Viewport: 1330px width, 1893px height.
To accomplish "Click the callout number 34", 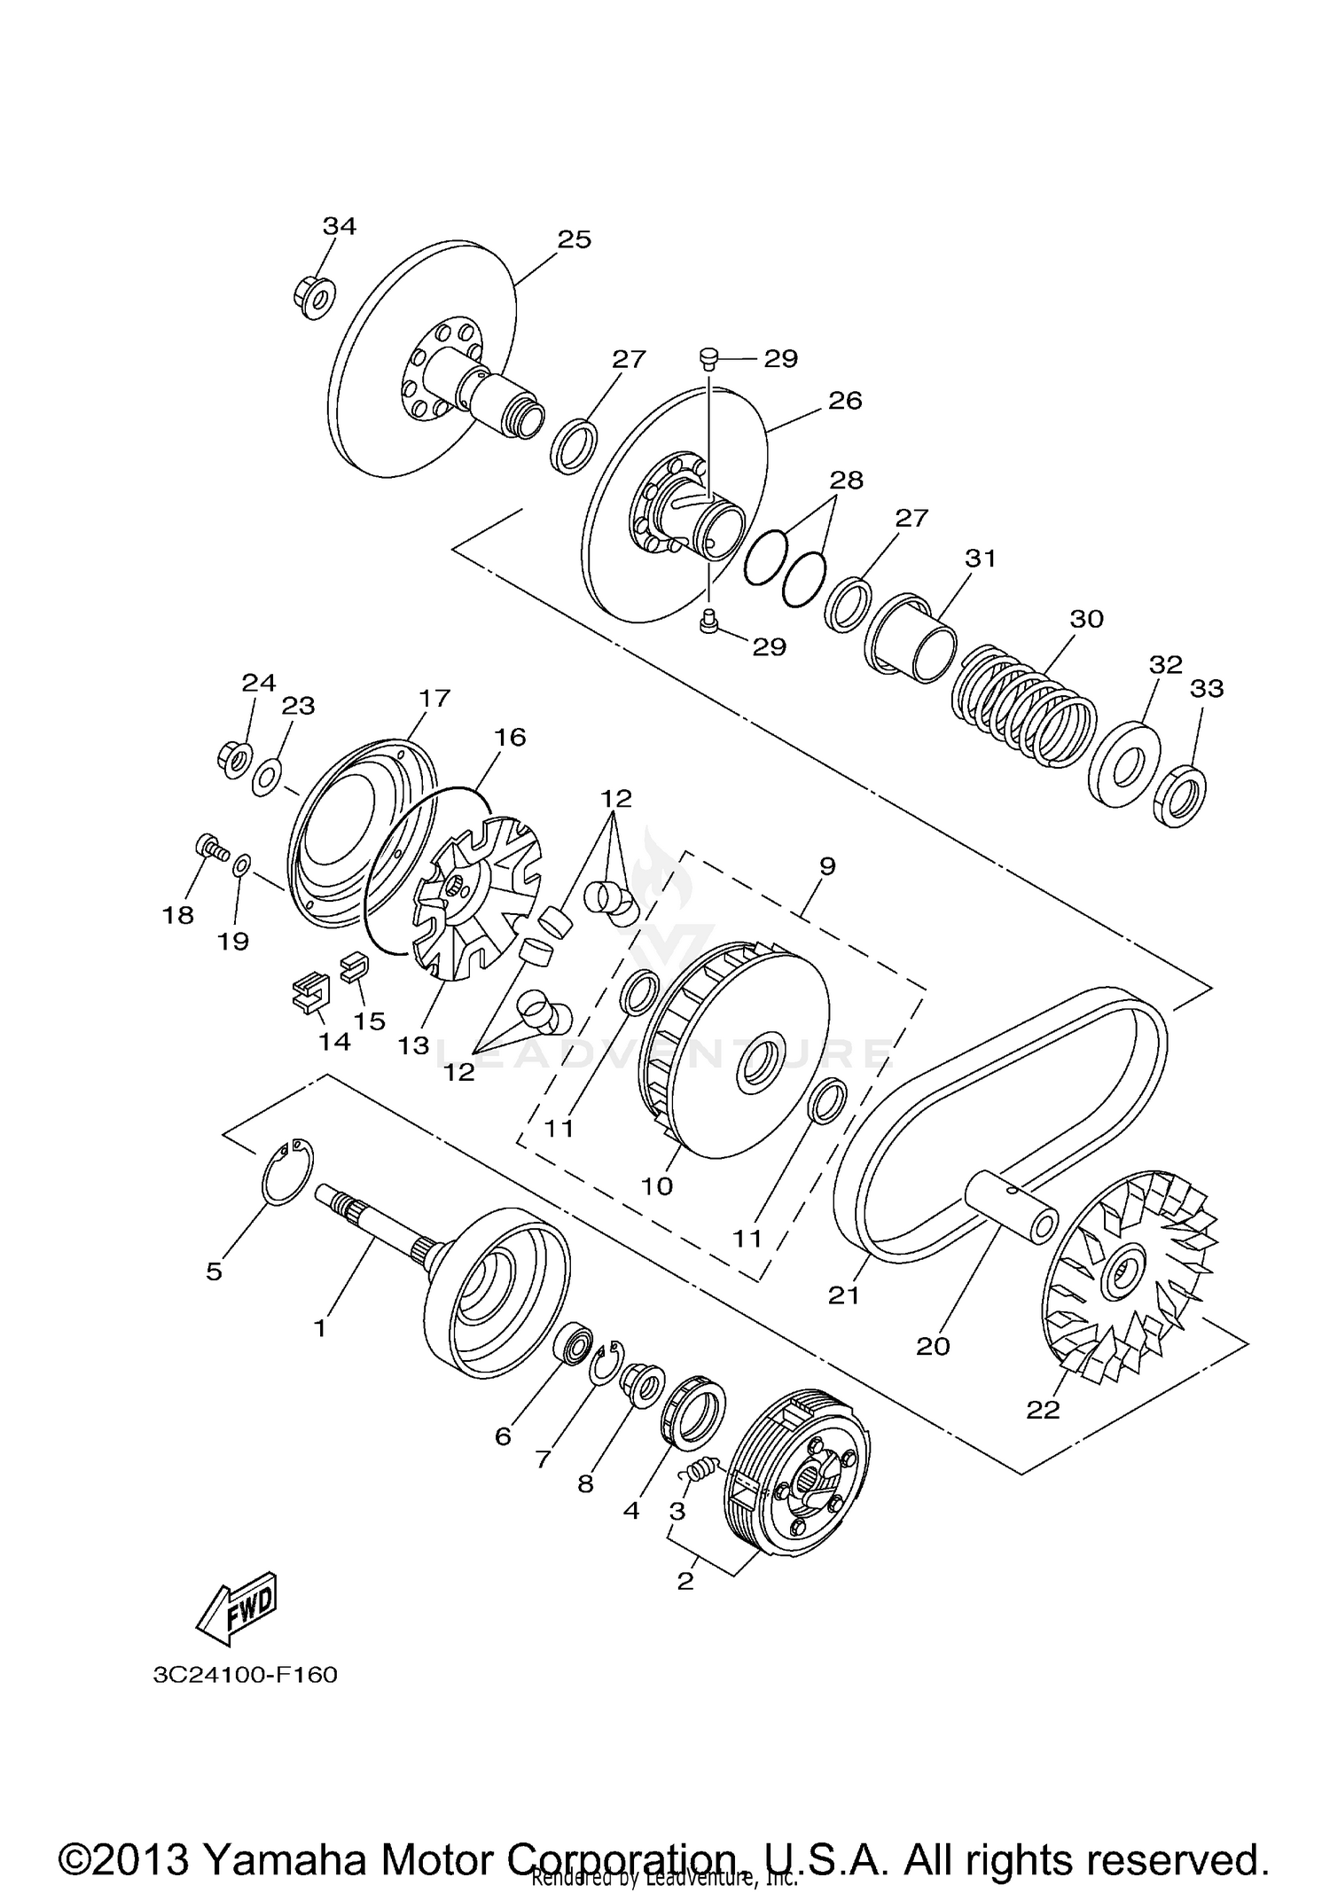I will [x=339, y=226].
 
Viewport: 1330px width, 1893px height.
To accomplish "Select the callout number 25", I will [x=574, y=239].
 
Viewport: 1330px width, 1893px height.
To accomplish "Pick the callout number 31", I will [x=981, y=559].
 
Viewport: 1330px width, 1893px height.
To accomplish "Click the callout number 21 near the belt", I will [x=844, y=1295].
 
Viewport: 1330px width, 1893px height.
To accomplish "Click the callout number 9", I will [x=826, y=865].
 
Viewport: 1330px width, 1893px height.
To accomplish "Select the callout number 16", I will [x=510, y=737].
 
